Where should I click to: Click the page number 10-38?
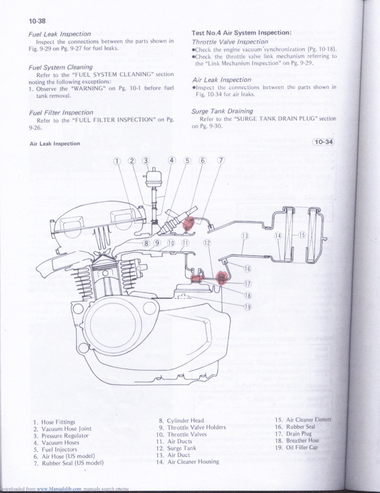pyautogui.click(x=37, y=21)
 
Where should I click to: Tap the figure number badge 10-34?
pyautogui.click(x=323, y=143)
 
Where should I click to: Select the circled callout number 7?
pyautogui.click(x=221, y=160)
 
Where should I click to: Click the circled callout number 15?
pyautogui.click(x=302, y=235)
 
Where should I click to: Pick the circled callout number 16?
pyautogui.click(x=247, y=269)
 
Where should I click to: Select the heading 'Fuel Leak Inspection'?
pyautogui.click(x=60, y=34)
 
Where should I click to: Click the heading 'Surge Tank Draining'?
pyautogui.click(x=222, y=111)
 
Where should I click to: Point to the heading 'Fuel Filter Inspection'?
pyautogui.click(x=61, y=112)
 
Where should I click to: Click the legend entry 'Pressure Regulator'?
pyautogui.click(x=65, y=435)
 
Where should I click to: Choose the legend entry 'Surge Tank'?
pyautogui.click(x=182, y=448)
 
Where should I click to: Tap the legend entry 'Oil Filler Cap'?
pyautogui.click(x=302, y=447)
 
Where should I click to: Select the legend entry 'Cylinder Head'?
pyautogui.click(x=185, y=420)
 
